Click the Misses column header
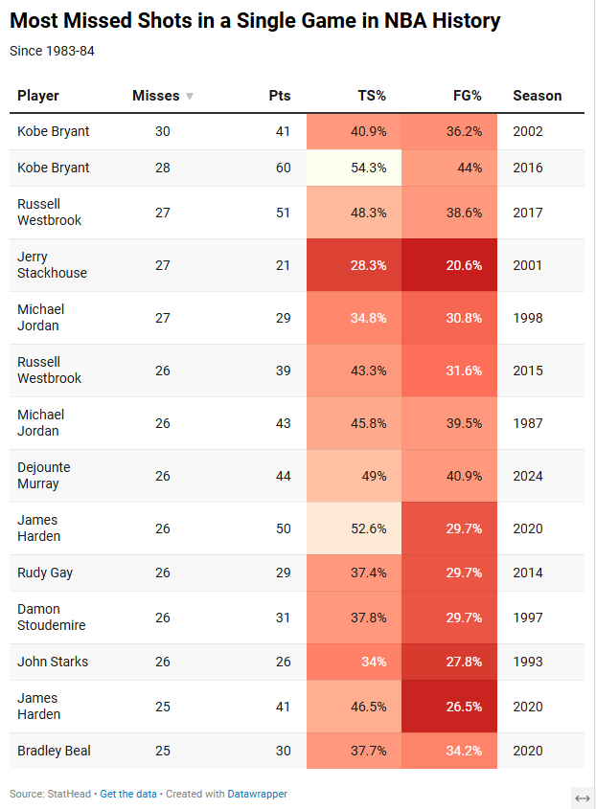click(x=155, y=96)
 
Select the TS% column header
click(x=372, y=96)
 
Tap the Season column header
click(x=537, y=96)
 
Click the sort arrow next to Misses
click(x=190, y=97)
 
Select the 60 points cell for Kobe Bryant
click(x=283, y=168)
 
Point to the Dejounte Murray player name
click(x=44, y=476)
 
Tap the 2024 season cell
click(x=527, y=476)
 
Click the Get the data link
click(x=129, y=794)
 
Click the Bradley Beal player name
click(x=54, y=751)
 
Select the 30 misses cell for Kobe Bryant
click(x=162, y=131)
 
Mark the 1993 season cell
click(x=527, y=662)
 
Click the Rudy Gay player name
click(x=45, y=573)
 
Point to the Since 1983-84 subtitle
click(x=52, y=51)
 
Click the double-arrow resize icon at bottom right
click(x=582, y=798)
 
